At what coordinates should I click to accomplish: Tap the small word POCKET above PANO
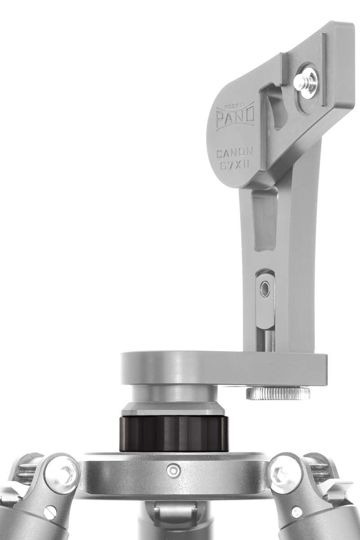click(232, 105)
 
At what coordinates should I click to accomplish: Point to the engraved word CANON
click(234, 153)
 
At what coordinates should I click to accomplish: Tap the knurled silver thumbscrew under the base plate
click(278, 394)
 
